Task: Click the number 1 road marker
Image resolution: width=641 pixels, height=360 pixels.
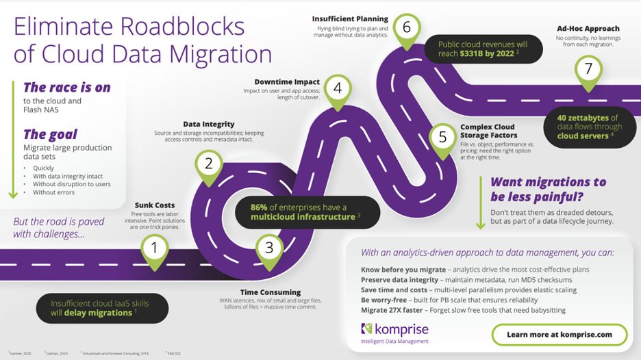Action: pyautogui.click(x=155, y=248)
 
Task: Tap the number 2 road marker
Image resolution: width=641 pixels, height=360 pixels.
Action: pyautogui.click(x=209, y=164)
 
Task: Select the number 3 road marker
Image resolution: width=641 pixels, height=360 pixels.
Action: pyautogui.click(x=269, y=248)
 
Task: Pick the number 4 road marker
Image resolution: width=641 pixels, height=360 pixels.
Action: pyautogui.click(x=338, y=88)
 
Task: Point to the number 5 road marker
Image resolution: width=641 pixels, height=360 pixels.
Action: pyautogui.click(x=442, y=137)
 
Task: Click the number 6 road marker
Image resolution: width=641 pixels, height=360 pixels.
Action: pyautogui.click(x=407, y=28)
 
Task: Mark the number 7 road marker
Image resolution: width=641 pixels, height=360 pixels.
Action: pyautogui.click(x=586, y=69)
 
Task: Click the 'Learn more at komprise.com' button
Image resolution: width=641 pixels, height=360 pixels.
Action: pyautogui.click(x=559, y=335)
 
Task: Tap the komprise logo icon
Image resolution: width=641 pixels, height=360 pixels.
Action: pyautogui.click(x=366, y=331)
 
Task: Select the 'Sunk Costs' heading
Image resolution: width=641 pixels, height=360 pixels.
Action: pyautogui.click(x=155, y=205)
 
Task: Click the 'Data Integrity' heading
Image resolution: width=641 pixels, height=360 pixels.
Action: pyautogui.click(x=209, y=124)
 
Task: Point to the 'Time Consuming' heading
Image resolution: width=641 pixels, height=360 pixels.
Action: pyautogui.click(x=270, y=292)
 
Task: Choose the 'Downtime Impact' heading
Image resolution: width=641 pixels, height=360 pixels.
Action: pyautogui.click(x=287, y=82)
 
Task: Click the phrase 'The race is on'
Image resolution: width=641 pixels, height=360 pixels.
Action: pyautogui.click(x=66, y=87)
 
